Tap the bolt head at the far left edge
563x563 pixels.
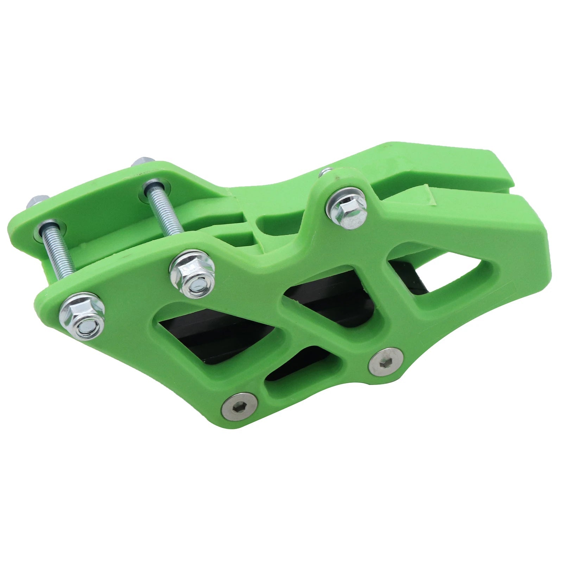click(34, 201)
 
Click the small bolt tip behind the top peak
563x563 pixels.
click(325, 172)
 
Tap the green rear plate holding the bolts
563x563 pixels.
click(106, 197)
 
